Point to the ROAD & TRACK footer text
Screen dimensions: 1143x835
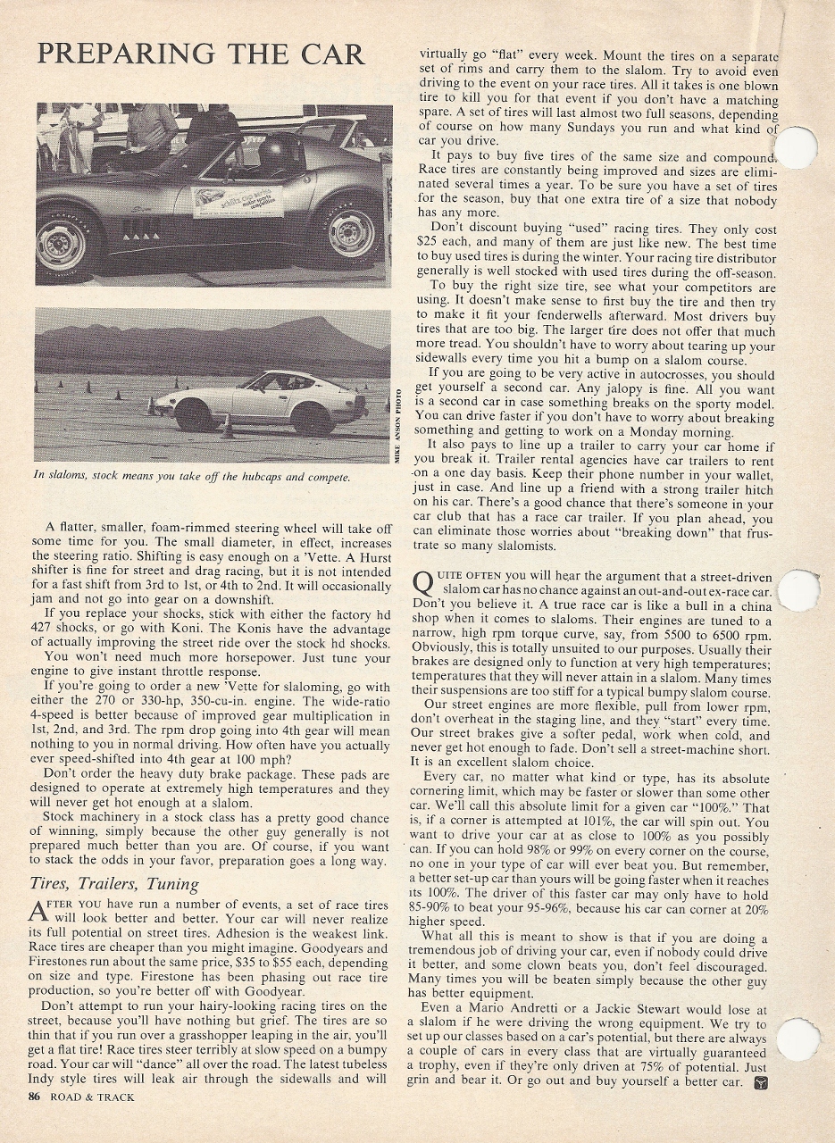tap(92, 1097)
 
